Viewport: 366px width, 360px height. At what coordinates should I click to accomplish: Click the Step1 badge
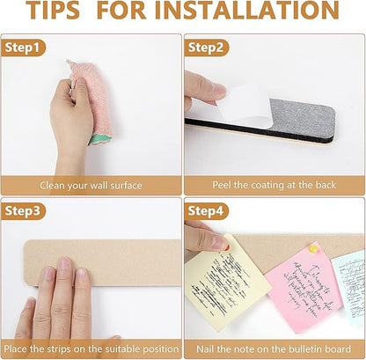[x=24, y=47]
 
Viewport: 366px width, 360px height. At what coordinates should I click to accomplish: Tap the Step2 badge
[x=208, y=47]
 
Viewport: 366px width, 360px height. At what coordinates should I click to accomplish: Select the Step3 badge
[x=24, y=211]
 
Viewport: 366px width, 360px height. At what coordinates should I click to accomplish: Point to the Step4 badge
[x=208, y=211]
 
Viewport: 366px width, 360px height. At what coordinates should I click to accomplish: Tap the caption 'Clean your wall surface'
[x=91, y=186]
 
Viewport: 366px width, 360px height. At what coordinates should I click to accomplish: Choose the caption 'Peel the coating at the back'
[x=274, y=186]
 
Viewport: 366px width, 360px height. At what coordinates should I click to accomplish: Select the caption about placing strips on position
[x=91, y=349]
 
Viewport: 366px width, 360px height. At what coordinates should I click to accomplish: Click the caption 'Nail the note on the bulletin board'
[x=274, y=349]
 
